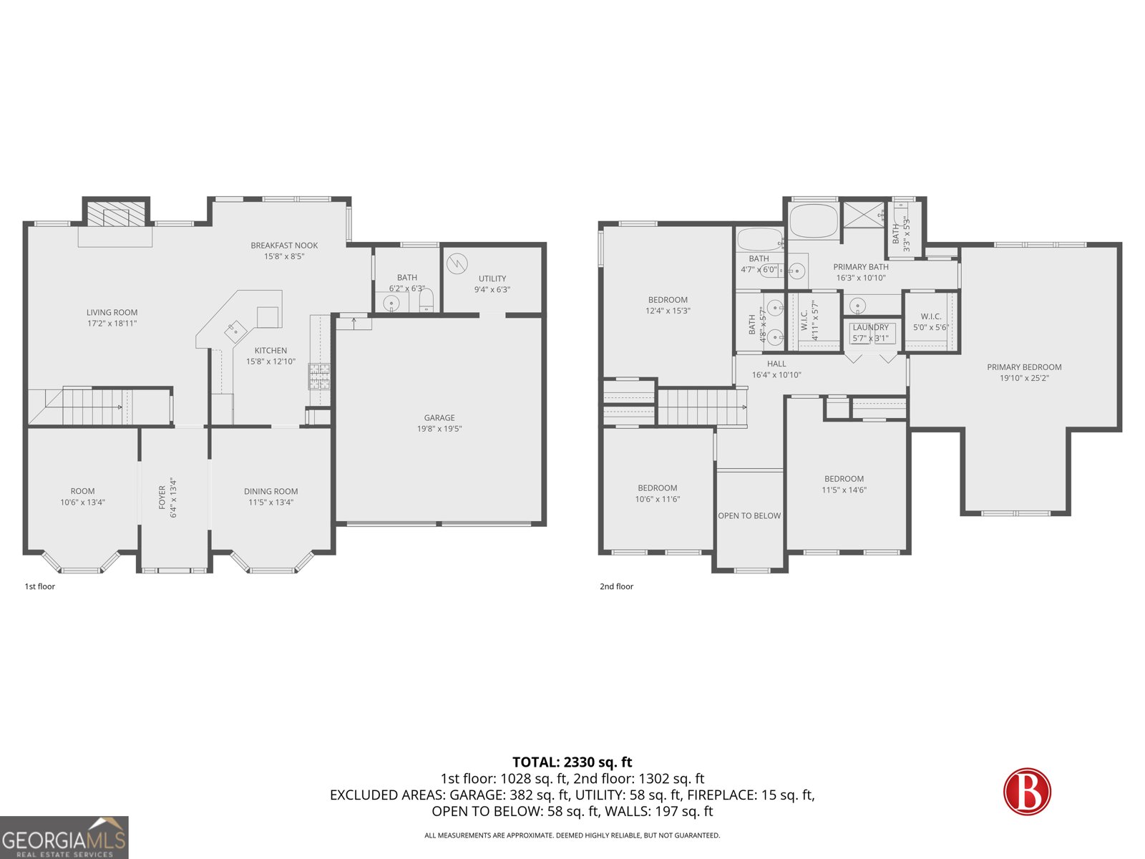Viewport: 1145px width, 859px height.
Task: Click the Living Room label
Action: click(x=112, y=312)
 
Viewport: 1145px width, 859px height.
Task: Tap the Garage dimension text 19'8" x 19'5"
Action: click(x=439, y=429)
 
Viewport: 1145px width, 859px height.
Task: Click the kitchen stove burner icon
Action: click(x=319, y=376)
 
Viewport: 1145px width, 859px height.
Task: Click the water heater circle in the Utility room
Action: click(x=457, y=263)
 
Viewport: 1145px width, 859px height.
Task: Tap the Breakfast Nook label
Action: click(x=284, y=246)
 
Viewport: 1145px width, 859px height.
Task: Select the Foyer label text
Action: click(x=162, y=498)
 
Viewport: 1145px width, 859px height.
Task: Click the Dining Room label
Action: click(x=271, y=491)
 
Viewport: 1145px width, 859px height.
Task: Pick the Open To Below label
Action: click(x=749, y=515)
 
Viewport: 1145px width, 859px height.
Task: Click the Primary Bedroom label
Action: click(x=1024, y=367)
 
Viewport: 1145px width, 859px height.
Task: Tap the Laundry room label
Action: click(x=870, y=327)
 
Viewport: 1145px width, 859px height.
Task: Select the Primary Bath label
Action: click(x=860, y=267)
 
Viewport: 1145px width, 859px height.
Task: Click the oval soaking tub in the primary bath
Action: click(x=813, y=221)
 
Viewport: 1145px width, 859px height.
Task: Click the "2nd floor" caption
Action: click(x=616, y=586)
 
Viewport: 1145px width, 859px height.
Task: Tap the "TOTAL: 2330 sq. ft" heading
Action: click(x=572, y=762)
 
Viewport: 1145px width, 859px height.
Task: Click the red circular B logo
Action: click(x=1027, y=791)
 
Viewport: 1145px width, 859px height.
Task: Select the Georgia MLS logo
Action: click(x=64, y=838)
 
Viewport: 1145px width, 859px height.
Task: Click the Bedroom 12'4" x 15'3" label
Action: click(x=667, y=300)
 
